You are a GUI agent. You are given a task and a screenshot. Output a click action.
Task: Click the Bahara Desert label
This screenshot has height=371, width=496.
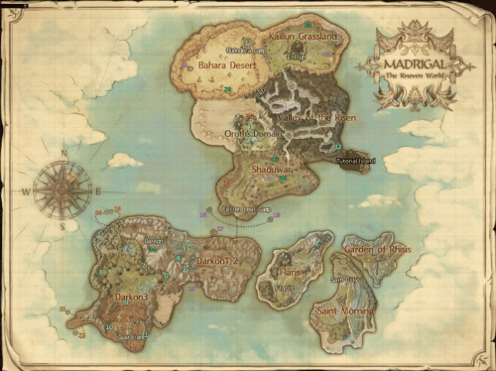tap(226, 65)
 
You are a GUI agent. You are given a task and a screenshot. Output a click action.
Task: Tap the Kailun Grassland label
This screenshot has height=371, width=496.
tap(304, 37)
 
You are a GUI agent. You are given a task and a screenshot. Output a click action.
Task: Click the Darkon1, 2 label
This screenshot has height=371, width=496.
tap(218, 260)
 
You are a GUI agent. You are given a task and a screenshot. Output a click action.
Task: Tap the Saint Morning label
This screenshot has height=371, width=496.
tap(344, 310)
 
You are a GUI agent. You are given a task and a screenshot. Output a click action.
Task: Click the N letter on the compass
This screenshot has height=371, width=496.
tap(63, 154)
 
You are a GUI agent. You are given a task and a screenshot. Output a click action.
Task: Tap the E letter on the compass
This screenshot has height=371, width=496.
tap(97, 189)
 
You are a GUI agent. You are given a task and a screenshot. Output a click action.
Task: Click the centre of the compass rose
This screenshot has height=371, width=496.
tap(63, 189)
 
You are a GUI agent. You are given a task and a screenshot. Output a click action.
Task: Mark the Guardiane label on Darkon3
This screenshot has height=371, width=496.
tap(130, 336)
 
